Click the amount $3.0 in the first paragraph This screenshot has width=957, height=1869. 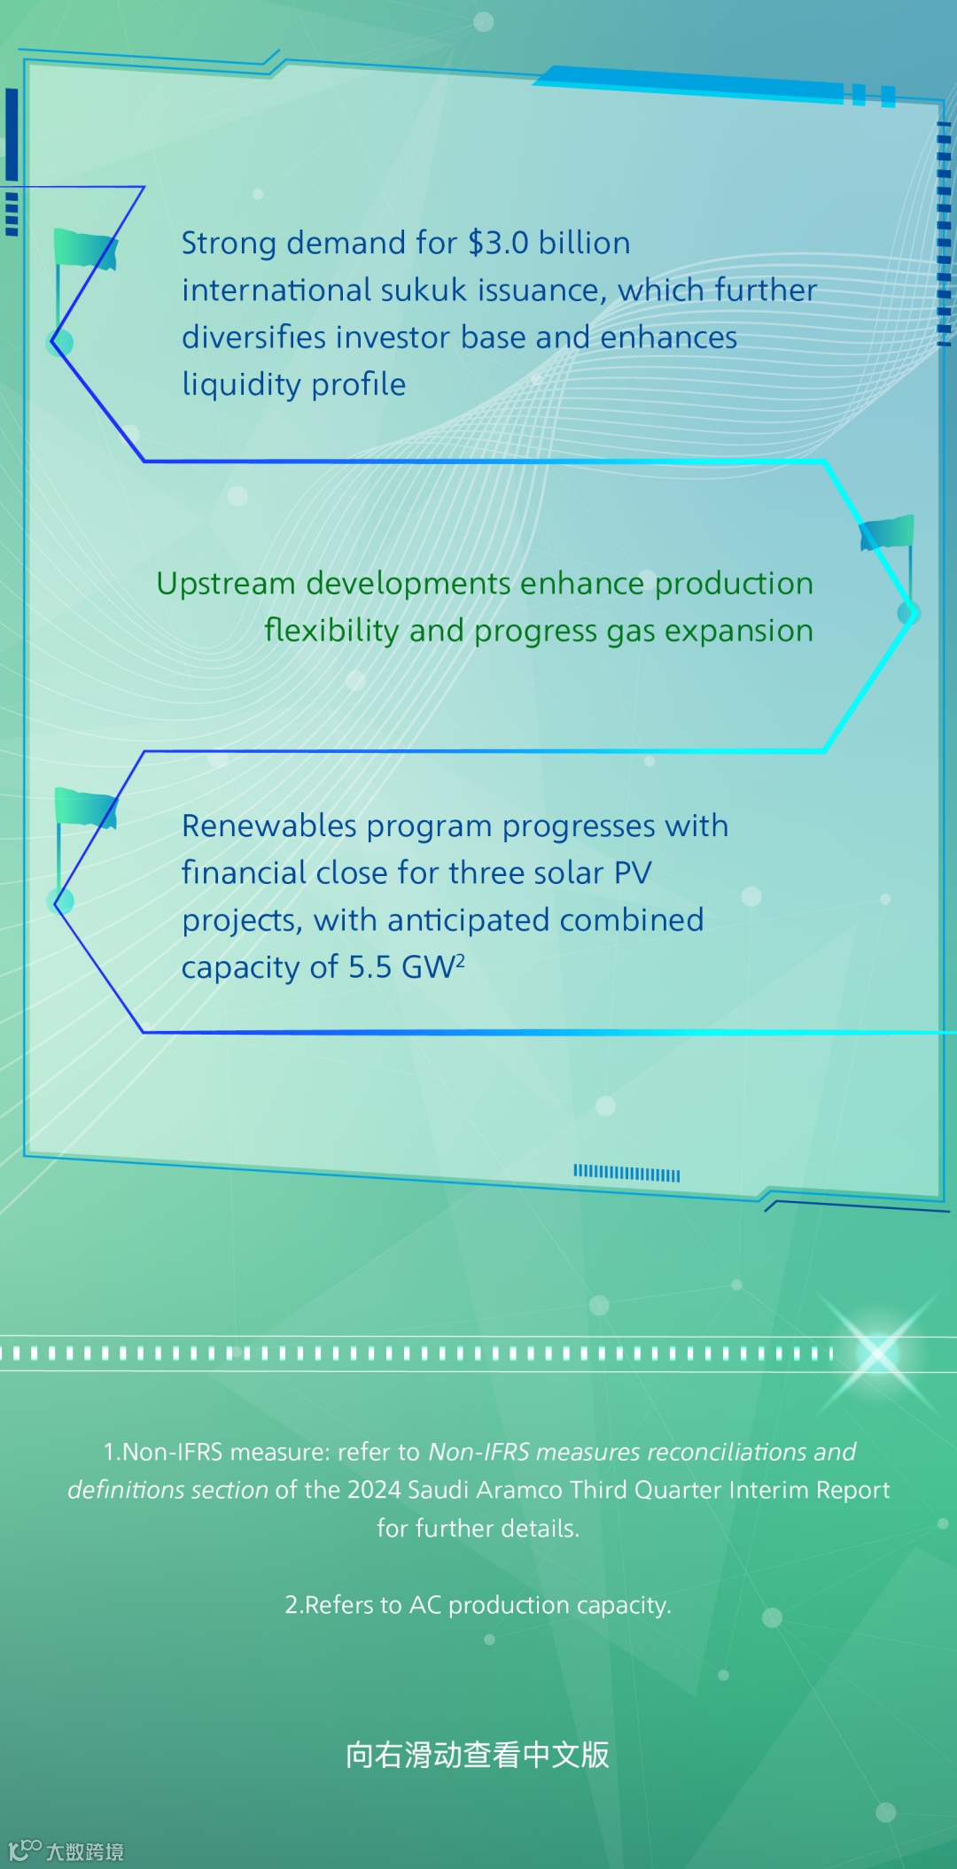[x=498, y=243]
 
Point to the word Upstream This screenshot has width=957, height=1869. [x=226, y=584]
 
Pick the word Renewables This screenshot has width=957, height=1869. [x=269, y=826]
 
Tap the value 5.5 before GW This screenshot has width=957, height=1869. [x=370, y=967]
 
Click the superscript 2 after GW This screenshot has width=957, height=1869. [x=460, y=958]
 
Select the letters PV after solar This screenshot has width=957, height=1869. [x=633, y=873]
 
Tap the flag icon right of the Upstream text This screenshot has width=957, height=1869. [x=886, y=533]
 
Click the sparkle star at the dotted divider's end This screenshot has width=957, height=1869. [x=878, y=1353]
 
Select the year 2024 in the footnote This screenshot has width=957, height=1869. [x=375, y=1490]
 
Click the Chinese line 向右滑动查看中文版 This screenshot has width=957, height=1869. [x=478, y=1755]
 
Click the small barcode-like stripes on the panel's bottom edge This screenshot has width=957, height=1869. [x=626, y=1174]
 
